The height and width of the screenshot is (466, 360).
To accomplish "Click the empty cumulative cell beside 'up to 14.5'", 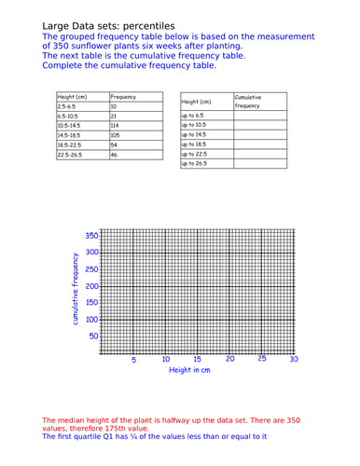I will pyautogui.click(x=257, y=134).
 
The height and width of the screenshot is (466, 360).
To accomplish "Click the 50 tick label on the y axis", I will pyautogui.click(x=94, y=336).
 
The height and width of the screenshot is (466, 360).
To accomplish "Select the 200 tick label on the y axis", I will pyautogui.click(x=91, y=285).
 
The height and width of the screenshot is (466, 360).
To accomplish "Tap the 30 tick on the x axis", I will pyautogui.click(x=294, y=359).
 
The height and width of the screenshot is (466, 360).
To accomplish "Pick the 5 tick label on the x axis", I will pyautogui.click(x=133, y=360).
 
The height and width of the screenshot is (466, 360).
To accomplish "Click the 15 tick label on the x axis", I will pyautogui.click(x=198, y=360).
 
